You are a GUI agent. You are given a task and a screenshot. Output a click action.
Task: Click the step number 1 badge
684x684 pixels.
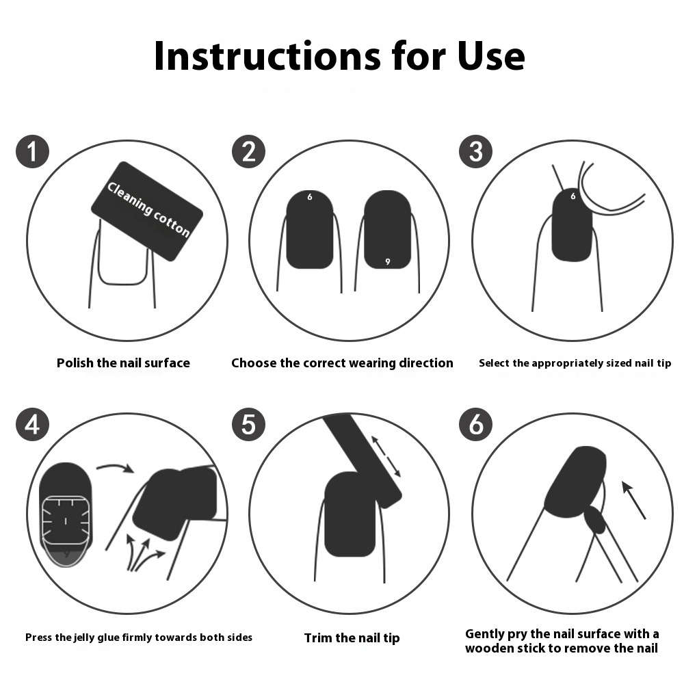click(x=32, y=151)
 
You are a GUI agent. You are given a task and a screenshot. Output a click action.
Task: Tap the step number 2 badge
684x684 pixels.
click(x=249, y=151)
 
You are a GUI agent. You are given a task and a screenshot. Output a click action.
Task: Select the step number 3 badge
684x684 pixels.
click(x=476, y=151)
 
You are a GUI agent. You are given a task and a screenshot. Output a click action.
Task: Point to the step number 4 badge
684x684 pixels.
click(x=32, y=424)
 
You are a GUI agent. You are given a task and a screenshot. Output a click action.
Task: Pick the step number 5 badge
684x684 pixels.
click(x=249, y=424)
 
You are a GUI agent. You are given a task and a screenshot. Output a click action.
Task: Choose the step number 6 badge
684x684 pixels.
click(x=476, y=424)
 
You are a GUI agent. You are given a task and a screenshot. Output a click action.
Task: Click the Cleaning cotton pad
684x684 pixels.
click(x=147, y=211)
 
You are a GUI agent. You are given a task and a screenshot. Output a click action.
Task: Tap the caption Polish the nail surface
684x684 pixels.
click(x=123, y=363)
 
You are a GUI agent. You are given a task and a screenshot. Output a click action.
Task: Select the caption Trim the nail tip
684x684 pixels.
click(x=352, y=638)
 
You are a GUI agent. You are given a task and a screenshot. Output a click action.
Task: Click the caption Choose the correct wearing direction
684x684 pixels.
click(x=343, y=363)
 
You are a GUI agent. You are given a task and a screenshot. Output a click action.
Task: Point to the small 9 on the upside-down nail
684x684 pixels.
click(x=387, y=261)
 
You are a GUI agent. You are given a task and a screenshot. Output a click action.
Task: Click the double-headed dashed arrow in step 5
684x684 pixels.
click(x=386, y=456)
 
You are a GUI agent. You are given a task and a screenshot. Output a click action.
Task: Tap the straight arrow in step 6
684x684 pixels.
click(x=633, y=500)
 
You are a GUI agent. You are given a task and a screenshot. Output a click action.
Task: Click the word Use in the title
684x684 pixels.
click(x=491, y=56)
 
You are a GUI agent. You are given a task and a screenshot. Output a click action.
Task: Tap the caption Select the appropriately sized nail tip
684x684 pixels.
click(x=575, y=363)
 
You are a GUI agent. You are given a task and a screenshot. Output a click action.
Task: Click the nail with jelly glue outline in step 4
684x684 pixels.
click(x=66, y=515)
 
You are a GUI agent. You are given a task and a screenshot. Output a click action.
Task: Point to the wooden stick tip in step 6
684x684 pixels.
click(x=595, y=520)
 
